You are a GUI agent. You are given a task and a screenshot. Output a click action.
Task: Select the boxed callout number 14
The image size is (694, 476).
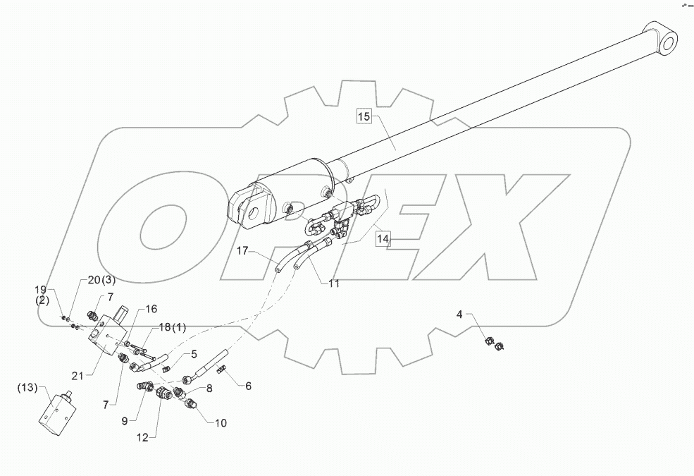pyautogui.click(x=383, y=239)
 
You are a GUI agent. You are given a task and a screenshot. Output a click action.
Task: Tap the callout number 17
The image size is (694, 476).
pyautogui.click(x=243, y=250)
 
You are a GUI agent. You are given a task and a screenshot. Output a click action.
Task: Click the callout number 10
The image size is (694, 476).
pyautogui.click(x=221, y=423)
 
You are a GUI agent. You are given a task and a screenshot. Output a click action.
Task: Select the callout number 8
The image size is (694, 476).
pyautogui.click(x=209, y=387)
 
